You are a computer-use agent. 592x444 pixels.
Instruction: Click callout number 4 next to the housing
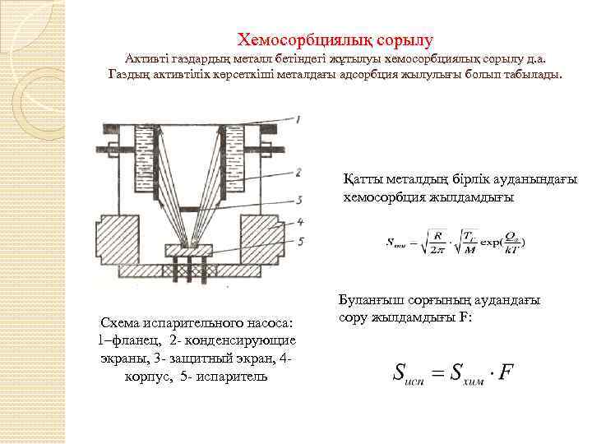point(301,220)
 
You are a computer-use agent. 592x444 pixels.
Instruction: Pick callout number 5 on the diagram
point(301,242)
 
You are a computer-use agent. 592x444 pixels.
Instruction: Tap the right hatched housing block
point(263,239)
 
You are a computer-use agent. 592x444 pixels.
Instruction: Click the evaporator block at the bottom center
point(192,249)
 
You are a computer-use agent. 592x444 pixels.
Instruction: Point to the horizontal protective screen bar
point(192,206)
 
